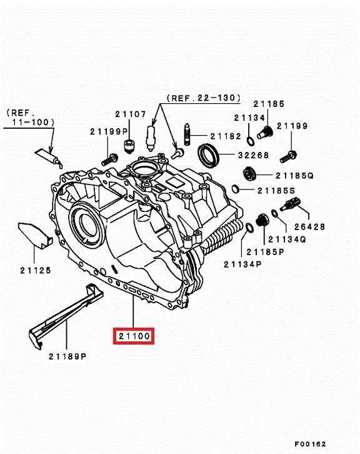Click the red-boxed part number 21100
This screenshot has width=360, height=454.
(x=134, y=336)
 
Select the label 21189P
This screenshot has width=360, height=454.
(x=67, y=356)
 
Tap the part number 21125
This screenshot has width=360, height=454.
(x=36, y=270)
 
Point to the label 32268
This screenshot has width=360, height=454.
(x=254, y=155)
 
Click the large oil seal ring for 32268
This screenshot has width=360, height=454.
(x=208, y=156)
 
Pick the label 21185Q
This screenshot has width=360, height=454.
(x=294, y=176)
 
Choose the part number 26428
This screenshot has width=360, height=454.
(x=309, y=227)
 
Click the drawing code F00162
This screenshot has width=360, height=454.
(x=310, y=444)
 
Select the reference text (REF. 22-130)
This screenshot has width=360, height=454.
(x=204, y=98)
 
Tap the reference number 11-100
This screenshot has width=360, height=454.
(x=32, y=122)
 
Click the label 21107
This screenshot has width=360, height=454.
(x=131, y=114)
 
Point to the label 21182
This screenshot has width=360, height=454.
(x=226, y=136)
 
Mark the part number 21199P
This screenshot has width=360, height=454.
(x=109, y=131)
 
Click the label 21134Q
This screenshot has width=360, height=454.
(x=287, y=239)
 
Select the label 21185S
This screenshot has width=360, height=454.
(x=276, y=191)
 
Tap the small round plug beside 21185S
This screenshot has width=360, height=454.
(x=236, y=189)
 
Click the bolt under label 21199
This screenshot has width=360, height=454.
(x=289, y=156)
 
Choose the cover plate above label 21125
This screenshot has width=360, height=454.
(x=36, y=235)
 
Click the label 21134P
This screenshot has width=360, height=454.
(x=242, y=264)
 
